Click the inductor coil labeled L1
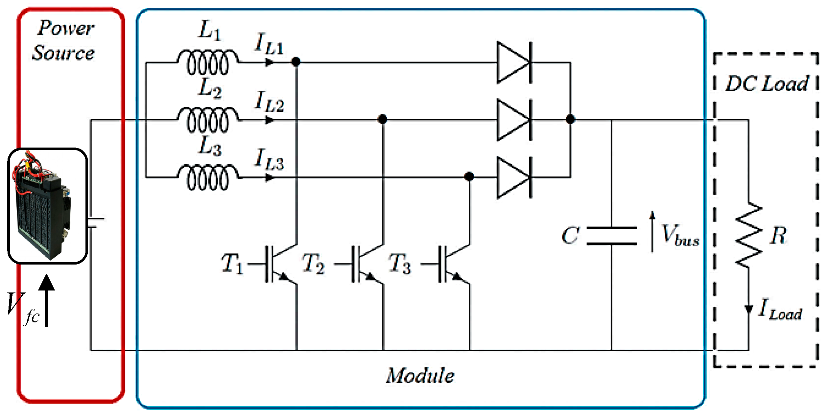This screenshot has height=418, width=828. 208,62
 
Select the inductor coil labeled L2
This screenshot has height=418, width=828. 208,120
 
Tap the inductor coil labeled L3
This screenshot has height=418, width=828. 208,177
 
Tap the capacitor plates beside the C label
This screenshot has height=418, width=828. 611,236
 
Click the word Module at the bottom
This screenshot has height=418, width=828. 420,376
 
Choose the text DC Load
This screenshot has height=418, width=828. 767,84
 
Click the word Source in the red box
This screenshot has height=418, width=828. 63,53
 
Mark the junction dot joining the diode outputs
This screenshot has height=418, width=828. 570,119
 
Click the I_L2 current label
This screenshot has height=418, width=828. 270,102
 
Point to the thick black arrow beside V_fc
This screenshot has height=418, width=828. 47,301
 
